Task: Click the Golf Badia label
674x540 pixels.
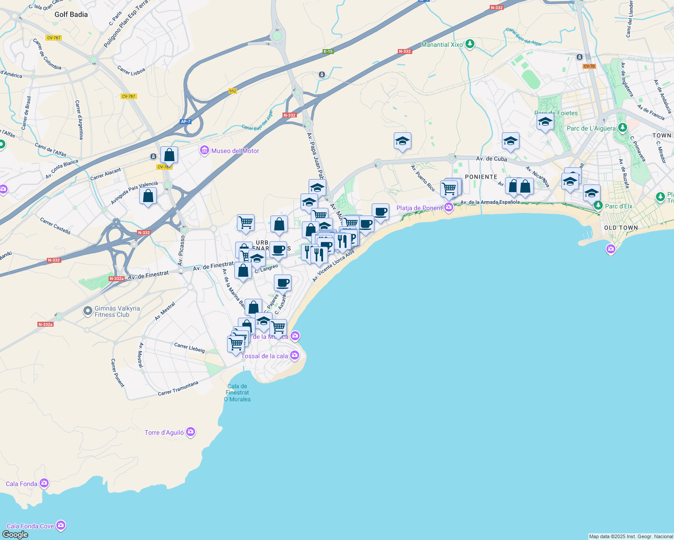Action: click(x=71, y=14)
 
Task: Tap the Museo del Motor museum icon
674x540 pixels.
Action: click(x=205, y=150)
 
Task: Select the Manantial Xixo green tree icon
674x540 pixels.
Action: click(x=470, y=44)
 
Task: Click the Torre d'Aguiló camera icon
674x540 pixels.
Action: click(x=191, y=432)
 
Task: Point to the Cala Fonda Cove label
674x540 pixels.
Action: click(x=30, y=526)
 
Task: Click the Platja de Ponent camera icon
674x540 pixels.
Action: click(x=449, y=207)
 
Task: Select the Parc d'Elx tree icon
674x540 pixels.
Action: click(x=598, y=206)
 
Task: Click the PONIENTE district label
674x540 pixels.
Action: click(x=481, y=177)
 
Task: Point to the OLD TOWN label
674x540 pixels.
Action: click(x=621, y=228)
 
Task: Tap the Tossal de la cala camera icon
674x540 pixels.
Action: click(x=295, y=355)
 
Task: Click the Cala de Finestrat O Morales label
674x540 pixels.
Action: click(x=237, y=392)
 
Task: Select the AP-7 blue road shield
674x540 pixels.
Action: click(x=185, y=121)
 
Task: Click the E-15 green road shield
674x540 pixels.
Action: click(x=328, y=51)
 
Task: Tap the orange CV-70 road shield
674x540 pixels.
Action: click(x=589, y=66)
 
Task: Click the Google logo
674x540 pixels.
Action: click(x=15, y=535)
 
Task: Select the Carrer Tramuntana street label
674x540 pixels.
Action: click(x=178, y=389)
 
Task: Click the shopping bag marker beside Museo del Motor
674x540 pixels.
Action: click(x=169, y=155)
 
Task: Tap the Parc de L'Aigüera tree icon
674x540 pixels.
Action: click(x=622, y=128)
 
